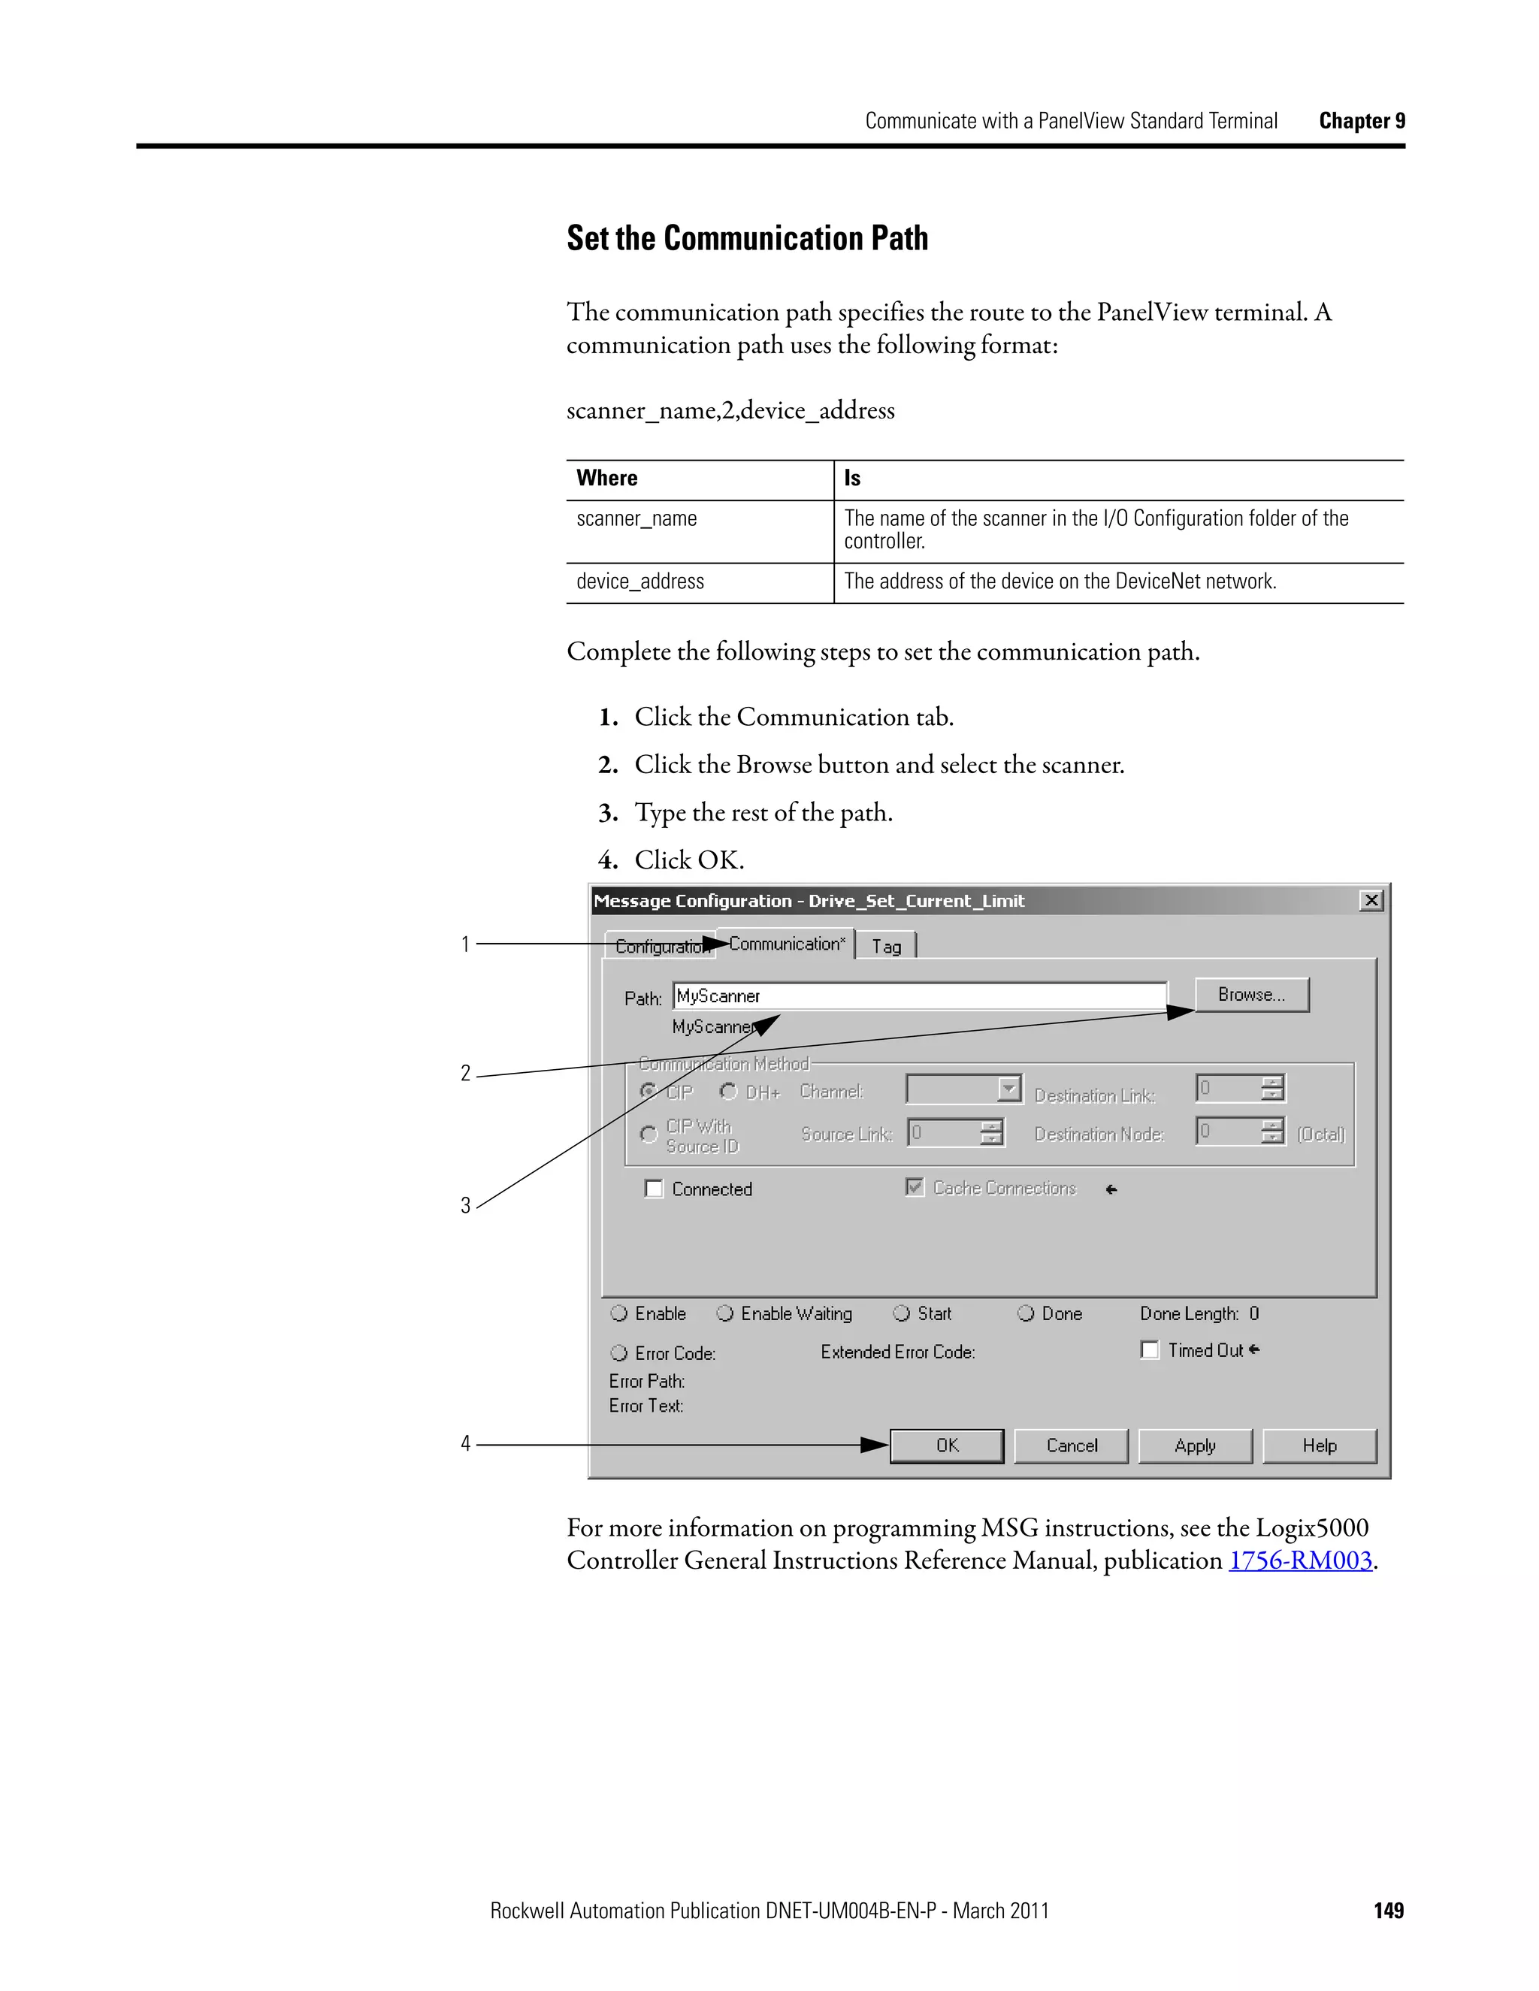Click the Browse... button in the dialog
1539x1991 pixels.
[x=1251, y=995]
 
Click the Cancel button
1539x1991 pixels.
[x=1072, y=1445]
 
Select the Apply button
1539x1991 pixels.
[x=1194, y=1445]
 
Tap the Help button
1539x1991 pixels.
[x=1318, y=1445]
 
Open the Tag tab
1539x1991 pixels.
[x=886, y=946]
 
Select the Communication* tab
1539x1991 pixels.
[x=787, y=944]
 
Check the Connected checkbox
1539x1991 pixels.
[x=654, y=1189]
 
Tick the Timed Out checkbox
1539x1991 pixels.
[x=1150, y=1350]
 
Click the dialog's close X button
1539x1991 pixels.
[x=1371, y=901]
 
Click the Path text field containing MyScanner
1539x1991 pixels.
[x=919, y=995]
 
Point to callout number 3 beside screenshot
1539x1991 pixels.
[x=465, y=1205]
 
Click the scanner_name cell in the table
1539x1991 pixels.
[x=636, y=518]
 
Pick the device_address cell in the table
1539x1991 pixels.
[x=640, y=582]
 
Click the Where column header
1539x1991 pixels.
[x=607, y=479]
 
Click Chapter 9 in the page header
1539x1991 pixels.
[x=1361, y=121]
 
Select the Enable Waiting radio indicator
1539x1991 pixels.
[x=725, y=1313]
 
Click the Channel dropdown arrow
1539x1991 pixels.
[x=1008, y=1089]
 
